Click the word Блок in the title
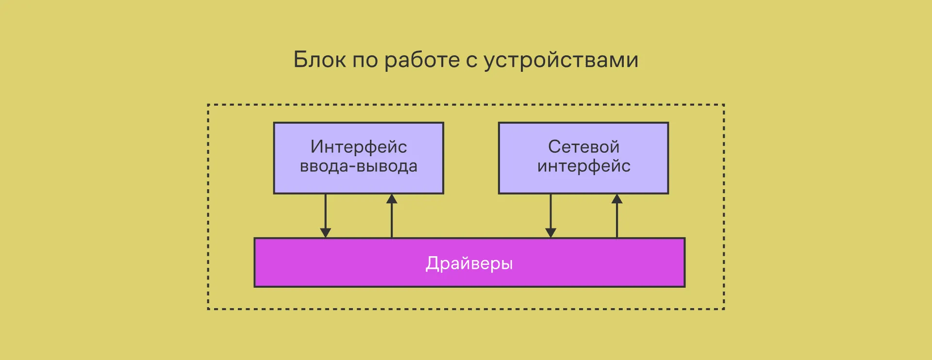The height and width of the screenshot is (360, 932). click(319, 60)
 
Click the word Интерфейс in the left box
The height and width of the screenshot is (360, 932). click(359, 147)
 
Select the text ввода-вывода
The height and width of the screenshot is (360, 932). click(359, 166)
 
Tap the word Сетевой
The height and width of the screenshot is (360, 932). click(583, 147)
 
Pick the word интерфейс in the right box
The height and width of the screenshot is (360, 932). click(583, 166)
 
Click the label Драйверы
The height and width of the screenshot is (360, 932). click(469, 263)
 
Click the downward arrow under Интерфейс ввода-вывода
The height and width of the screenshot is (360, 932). click(326, 213)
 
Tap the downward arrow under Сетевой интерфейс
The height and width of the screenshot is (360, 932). click(550, 213)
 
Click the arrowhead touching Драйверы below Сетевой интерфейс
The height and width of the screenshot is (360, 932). click(550, 233)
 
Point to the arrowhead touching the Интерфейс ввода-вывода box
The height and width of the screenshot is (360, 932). click(392, 199)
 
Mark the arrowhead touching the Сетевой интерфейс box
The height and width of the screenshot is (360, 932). click(617, 199)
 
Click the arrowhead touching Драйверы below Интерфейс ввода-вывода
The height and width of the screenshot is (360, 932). click(326, 233)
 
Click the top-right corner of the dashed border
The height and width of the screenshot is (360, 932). click(724, 105)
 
